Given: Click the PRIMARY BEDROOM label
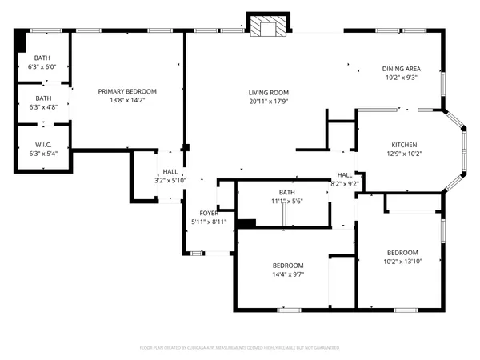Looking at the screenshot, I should (x=127, y=92).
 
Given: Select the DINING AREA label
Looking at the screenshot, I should (x=401, y=69).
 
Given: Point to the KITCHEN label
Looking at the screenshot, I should (x=404, y=145).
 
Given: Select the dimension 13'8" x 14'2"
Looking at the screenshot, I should (x=127, y=101).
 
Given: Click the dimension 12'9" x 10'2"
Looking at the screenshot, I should (x=404, y=154).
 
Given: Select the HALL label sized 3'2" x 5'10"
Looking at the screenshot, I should (x=170, y=171).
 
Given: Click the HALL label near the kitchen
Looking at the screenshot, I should (x=345, y=175).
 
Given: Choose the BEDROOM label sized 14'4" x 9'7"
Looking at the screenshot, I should (x=287, y=266).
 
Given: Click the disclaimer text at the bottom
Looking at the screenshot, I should (x=239, y=348).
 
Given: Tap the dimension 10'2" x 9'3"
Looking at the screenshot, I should (x=401, y=78).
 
